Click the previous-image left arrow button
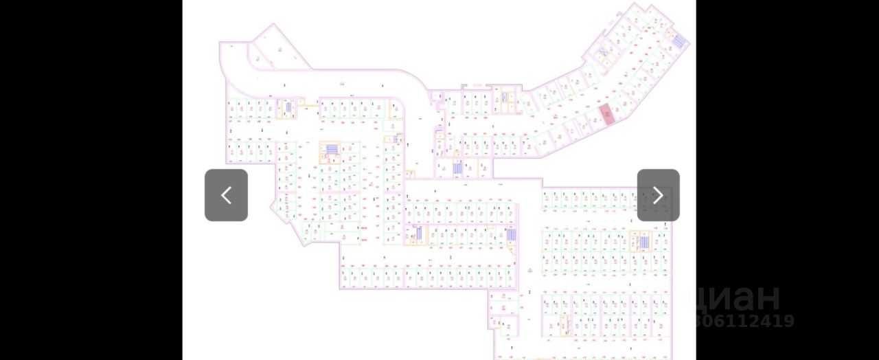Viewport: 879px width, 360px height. (x=226, y=195)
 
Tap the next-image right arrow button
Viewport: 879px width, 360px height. (x=658, y=195)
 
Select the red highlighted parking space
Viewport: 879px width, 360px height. (x=606, y=113)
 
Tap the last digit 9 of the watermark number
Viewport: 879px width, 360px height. (x=789, y=321)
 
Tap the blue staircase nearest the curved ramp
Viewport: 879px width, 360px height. (x=288, y=108)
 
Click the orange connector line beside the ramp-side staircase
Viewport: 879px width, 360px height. (x=308, y=106)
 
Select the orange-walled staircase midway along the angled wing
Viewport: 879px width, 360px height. (x=605, y=54)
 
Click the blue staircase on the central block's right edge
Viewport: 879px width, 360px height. (x=511, y=235)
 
